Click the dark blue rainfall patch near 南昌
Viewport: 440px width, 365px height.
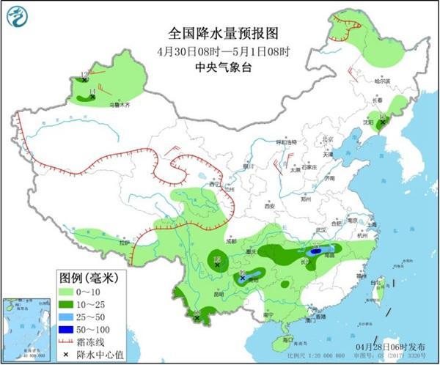pyautogui.click(x=316, y=251)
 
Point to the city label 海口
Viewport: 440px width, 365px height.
pyautogui.click(x=288, y=340)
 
